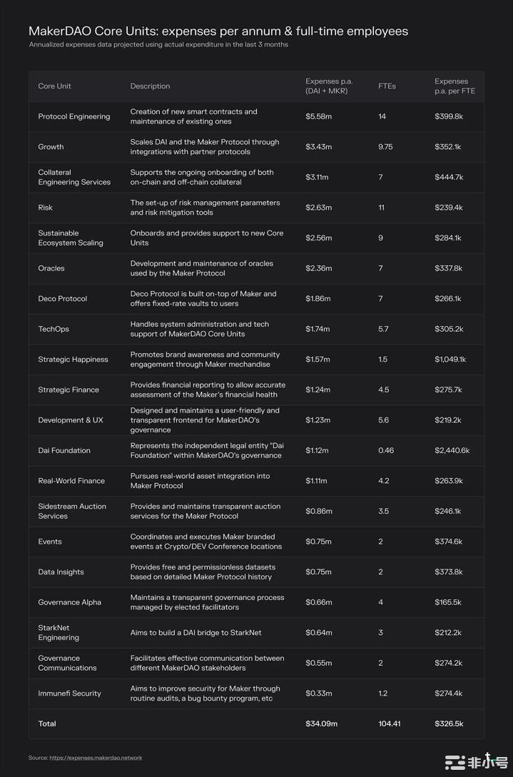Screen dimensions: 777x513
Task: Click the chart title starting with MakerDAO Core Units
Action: pyautogui.click(x=218, y=31)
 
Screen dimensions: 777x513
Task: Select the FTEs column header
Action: pyautogui.click(x=387, y=86)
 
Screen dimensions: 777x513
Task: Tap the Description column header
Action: pyautogui.click(x=150, y=86)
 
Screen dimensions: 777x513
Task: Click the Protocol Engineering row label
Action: pyautogui.click(x=74, y=116)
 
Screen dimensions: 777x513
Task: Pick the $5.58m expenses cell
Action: pyautogui.click(x=318, y=116)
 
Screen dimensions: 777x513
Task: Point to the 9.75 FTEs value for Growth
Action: pyautogui.click(x=385, y=147)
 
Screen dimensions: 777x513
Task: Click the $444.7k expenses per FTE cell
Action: pyautogui.click(x=449, y=177)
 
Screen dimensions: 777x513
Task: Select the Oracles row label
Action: pyautogui.click(x=51, y=268)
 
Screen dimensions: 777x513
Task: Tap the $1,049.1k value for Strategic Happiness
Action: pyautogui.click(x=450, y=360)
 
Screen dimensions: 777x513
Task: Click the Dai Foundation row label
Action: pyautogui.click(x=64, y=451)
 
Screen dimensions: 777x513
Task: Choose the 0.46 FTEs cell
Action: pyautogui.click(x=386, y=451)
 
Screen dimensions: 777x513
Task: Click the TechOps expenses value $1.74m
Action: pyautogui.click(x=318, y=329)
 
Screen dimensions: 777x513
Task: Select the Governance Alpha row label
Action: pyautogui.click(x=70, y=602)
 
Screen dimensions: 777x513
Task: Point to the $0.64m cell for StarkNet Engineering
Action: pyautogui.click(x=318, y=633)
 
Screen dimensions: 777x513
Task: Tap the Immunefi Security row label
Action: pyautogui.click(x=70, y=694)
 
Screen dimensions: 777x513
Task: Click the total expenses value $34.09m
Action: pyautogui.click(x=321, y=723)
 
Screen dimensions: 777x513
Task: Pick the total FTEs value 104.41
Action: pyautogui.click(x=390, y=723)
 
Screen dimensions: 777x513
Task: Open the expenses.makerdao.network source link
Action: pyautogui.click(x=96, y=758)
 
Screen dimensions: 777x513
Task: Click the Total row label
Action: pyautogui.click(x=47, y=723)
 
